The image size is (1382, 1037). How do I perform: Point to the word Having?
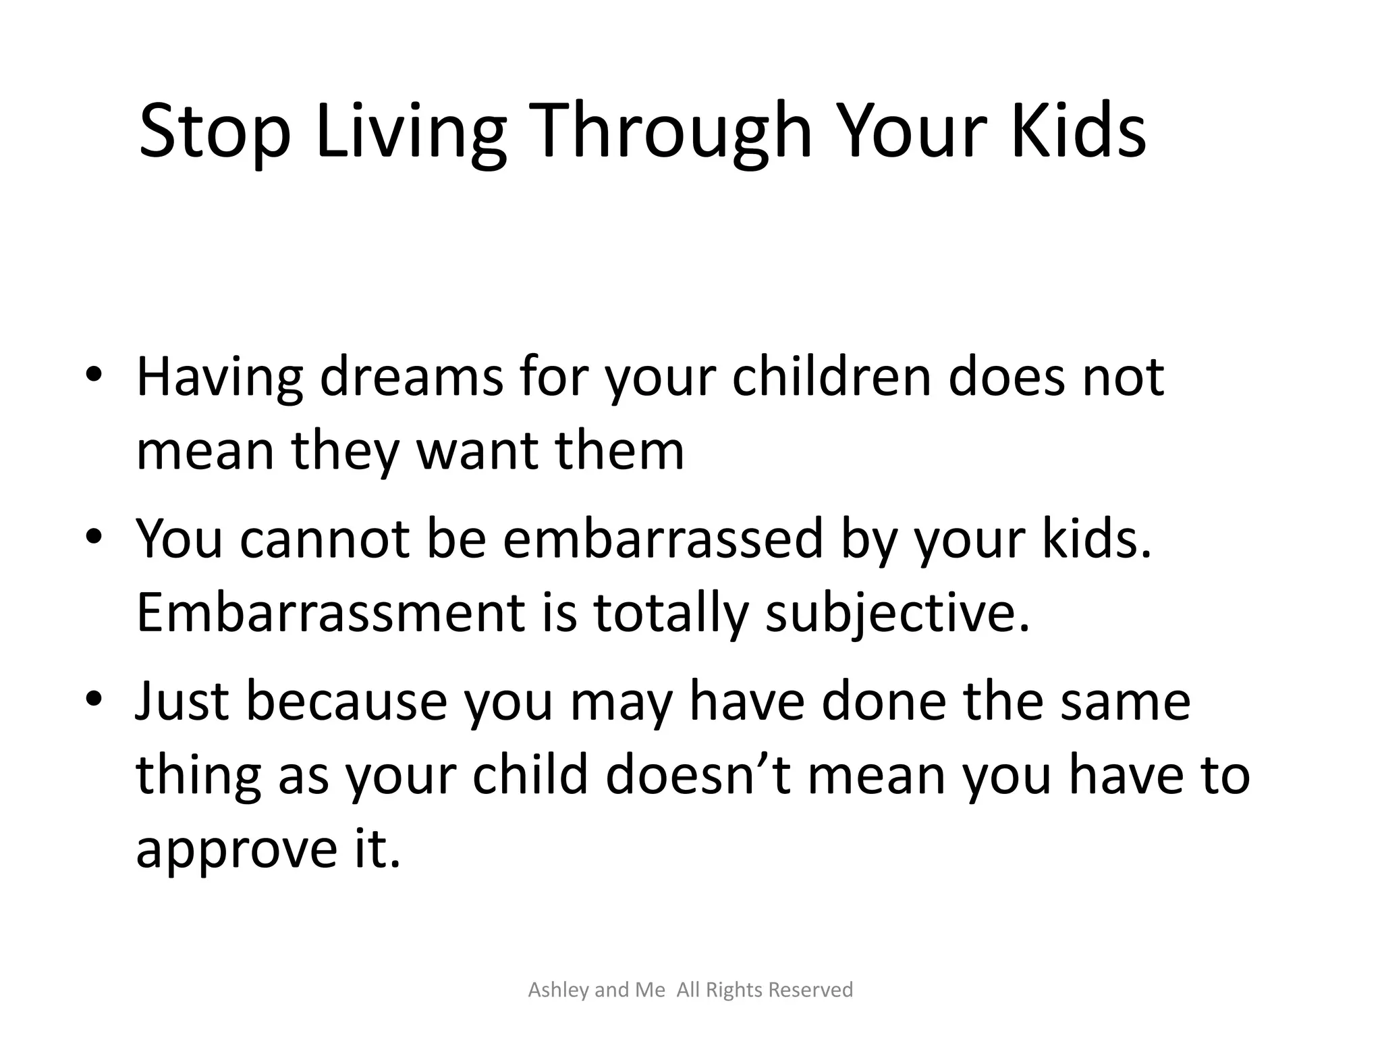pyautogui.click(x=220, y=378)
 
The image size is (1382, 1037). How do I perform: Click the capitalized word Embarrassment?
pyautogui.click(x=331, y=613)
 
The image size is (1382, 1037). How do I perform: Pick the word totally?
pyautogui.click(x=671, y=613)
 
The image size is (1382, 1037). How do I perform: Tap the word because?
pyautogui.click(x=346, y=701)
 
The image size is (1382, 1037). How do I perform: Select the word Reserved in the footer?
pyautogui.click(x=811, y=990)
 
